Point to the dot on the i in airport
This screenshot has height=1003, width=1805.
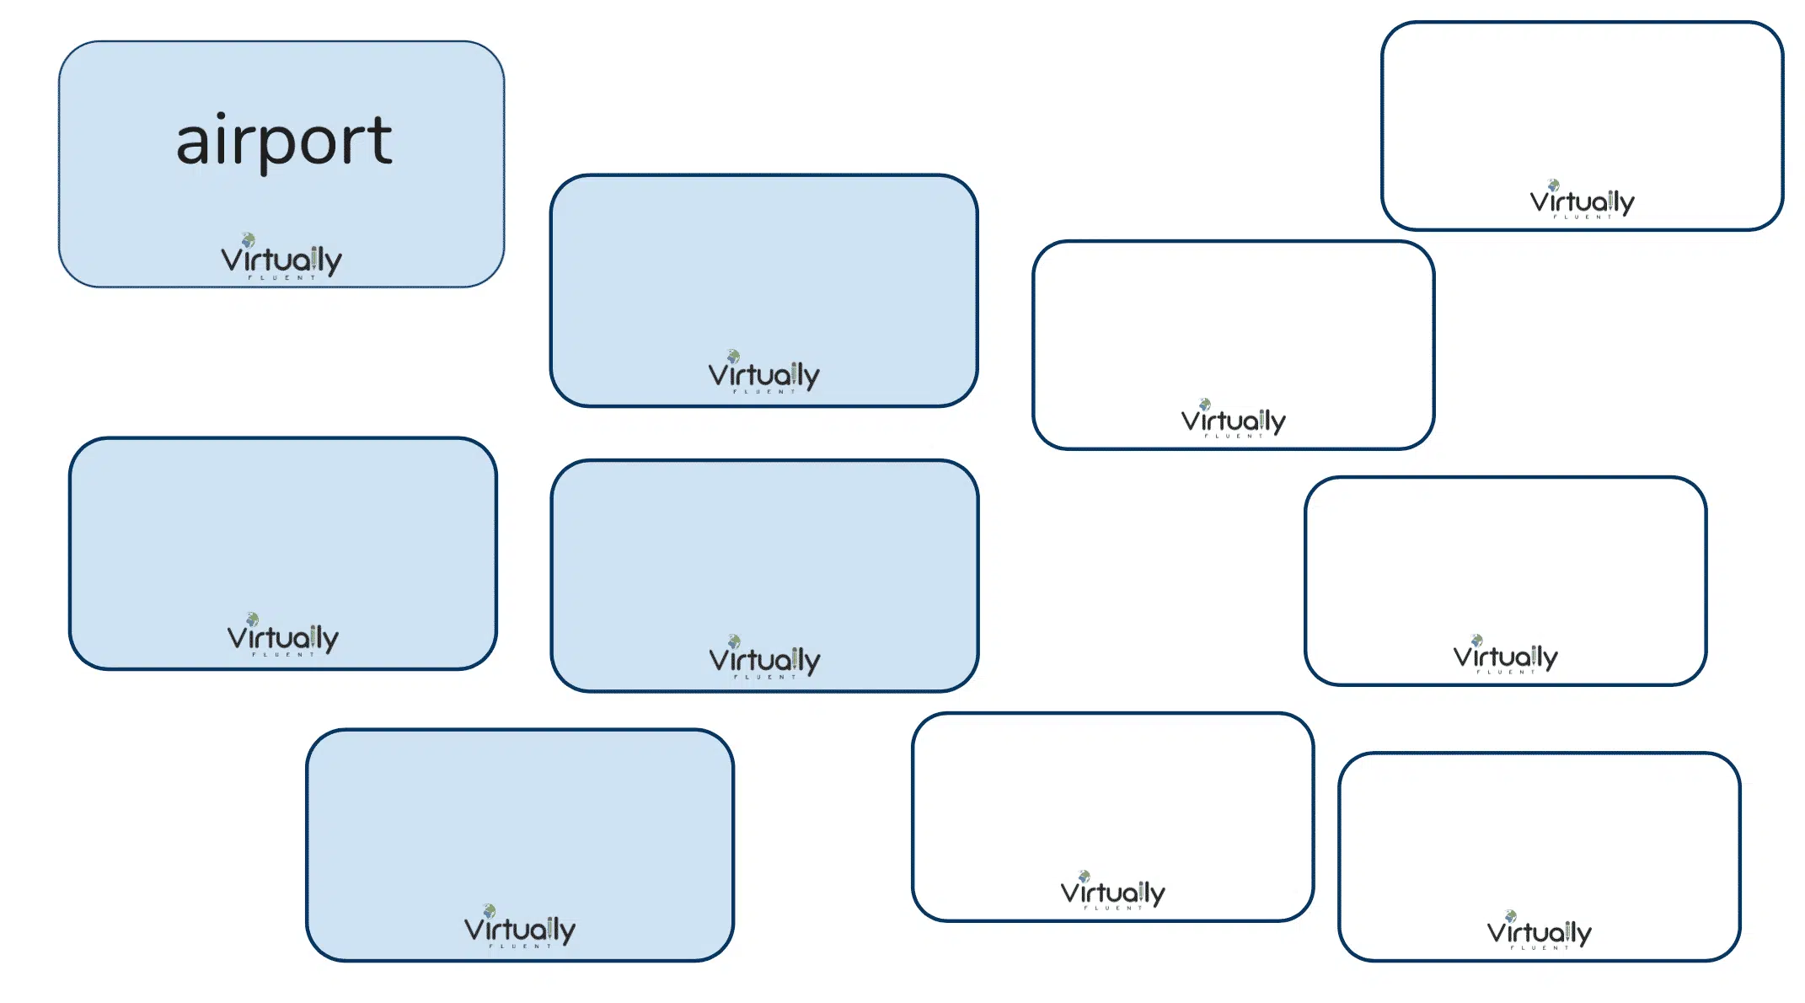(220, 116)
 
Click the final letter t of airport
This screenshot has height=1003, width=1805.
(381, 139)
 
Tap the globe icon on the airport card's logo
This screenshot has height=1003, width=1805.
(248, 240)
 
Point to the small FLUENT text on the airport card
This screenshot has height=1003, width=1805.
(281, 277)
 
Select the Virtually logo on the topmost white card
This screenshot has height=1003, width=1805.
(1583, 199)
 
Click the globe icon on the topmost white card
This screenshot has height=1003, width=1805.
(1553, 185)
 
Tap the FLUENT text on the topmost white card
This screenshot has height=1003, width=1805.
(1583, 217)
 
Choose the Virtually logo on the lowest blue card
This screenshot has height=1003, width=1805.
(520, 926)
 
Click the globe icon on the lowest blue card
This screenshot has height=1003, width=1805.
(489, 910)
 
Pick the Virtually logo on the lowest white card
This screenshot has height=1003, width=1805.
(1540, 931)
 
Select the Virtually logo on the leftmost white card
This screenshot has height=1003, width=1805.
(1113, 891)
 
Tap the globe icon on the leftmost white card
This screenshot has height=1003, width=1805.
(1084, 877)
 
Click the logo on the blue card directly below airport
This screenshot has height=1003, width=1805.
(283, 635)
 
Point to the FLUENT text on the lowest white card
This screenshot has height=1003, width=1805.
(1540, 947)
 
